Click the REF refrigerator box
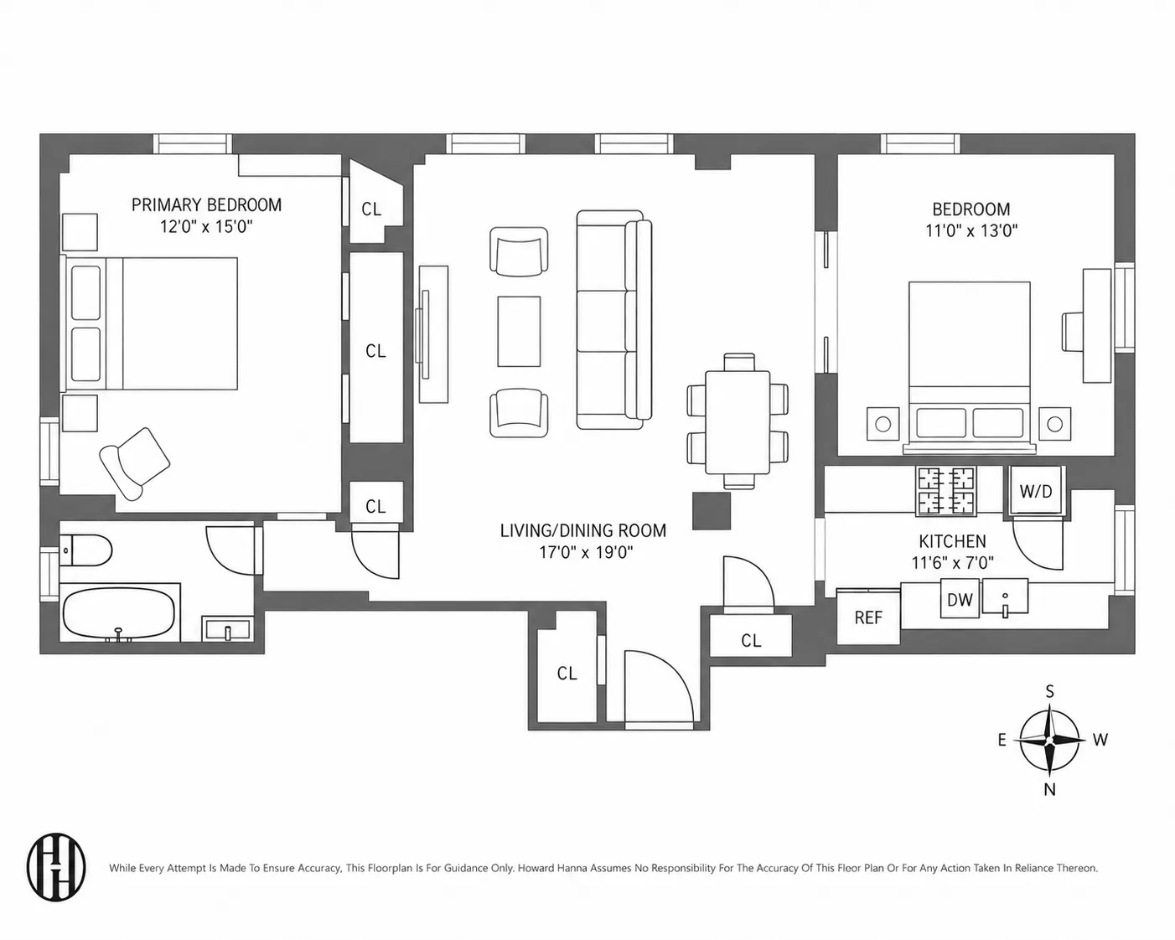[868, 617]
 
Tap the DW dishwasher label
[960, 600]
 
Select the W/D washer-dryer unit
[1036, 491]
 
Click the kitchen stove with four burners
[947, 491]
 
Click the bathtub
[120, 612]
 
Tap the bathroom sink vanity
[227, 628]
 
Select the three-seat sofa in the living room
[614, 320]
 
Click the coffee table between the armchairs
[519, 332]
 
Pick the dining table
[738, 422]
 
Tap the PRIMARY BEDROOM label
[206, 205]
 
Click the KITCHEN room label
[952, 541]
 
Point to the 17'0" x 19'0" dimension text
[586, 553]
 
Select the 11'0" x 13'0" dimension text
[971, 231]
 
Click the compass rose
[1049, 741]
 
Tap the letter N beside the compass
[1049, 789]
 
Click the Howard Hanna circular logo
[56, 867]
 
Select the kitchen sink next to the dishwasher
[1005, 597]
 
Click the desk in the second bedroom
[1097, 325]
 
